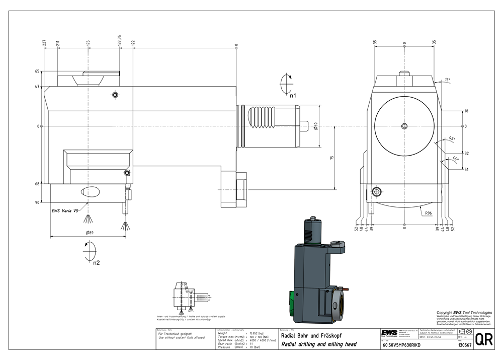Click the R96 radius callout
pos(429,213)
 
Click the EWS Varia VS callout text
pos(64,210)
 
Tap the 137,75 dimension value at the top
pos(120,41)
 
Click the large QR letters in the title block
pos(483,339)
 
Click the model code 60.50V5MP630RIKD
pos(401,345)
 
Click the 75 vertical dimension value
pos(332,158)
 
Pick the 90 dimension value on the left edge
pos(37,202)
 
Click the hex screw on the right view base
pos(376,191)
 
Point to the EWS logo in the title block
pos(389,333)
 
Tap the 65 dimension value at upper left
pos(37,72)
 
